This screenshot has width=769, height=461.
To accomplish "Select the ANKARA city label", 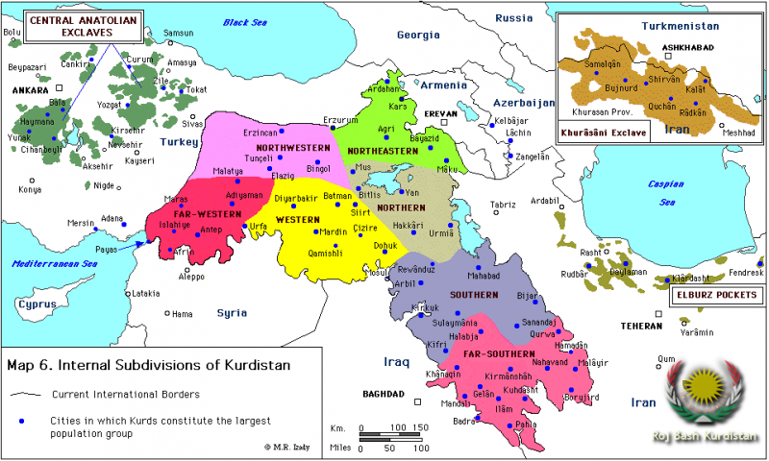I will pos(30,90).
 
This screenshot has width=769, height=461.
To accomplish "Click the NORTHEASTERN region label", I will pos(382,151).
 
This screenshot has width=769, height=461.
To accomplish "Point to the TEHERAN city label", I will pos(641,326).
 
